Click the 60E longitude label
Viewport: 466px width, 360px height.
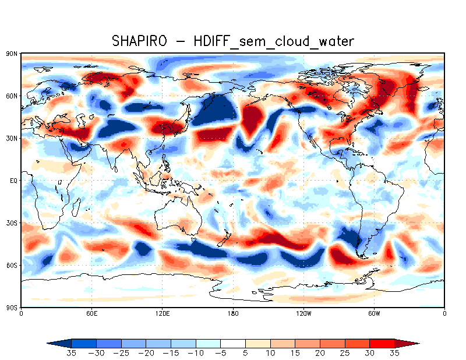pyautogui.click(x=91, y=313)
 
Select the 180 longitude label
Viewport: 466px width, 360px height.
pyautogui.click(x=233, y=313)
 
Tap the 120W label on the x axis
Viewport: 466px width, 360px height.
pyautogui.click(x=303, y=313)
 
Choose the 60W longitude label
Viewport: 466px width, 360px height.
pyautogui.click(x=374, y=313)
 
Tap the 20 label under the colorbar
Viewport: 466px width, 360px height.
pyautogui.click(x=320, y=353)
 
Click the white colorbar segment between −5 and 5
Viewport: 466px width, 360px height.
pyautogui.click(x=233, y=343)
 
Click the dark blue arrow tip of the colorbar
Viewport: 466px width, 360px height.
pyautogui.click(x=56, y=343)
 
